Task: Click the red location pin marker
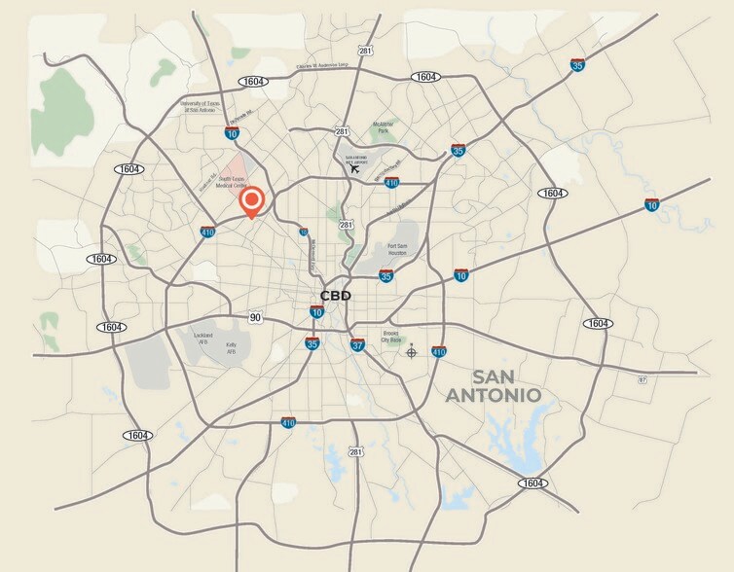[x=251, y=201]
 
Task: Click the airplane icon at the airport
[x=354, y=168]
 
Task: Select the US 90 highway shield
[x=256, y=317]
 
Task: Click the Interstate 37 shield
[x=357, y=344]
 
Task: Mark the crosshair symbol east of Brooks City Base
[x=412, y=350]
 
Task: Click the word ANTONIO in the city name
[x=492, y=396]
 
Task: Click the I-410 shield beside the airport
[x=391, y=182]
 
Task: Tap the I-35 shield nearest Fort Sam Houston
[x=386, y=276]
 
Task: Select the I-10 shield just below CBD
[x=317, y=311]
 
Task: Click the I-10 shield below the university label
[x=232, y=131]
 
